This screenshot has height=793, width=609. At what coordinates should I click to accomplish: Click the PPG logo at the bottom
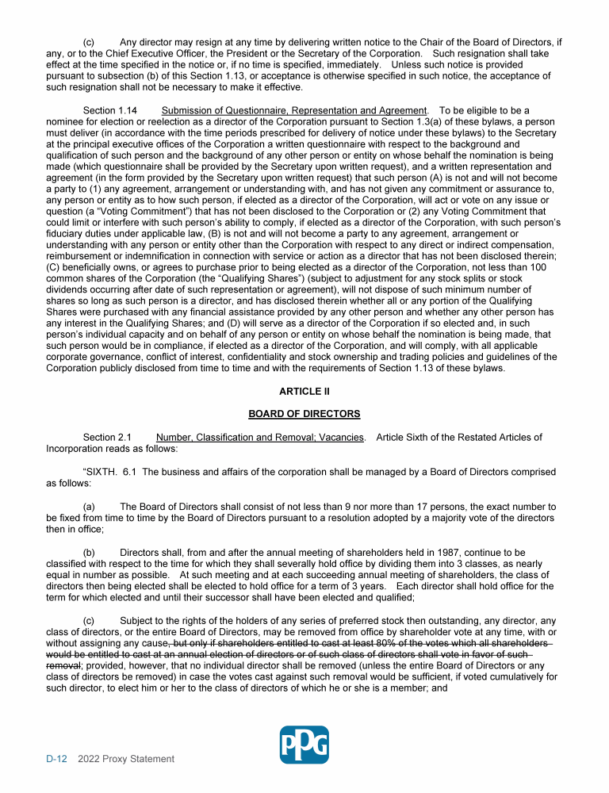pyautogui.click(x=304, y=745)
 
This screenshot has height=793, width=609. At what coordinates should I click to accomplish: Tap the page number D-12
pyautogui.click(x=56, y=759)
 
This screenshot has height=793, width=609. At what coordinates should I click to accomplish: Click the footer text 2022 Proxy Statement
pyautogui.click(x=126, y=759)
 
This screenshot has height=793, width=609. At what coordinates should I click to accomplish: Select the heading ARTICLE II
pyautogui.click(x=304, y=392)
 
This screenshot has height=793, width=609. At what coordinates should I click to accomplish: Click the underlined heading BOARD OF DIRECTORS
pyautogui.click(x=304, y=414)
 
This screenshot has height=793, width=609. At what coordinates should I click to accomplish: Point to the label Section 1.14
pyautogui.click(x=110, y=110)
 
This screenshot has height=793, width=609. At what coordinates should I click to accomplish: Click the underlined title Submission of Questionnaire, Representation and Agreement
pyautogui.click(x=294, y=110)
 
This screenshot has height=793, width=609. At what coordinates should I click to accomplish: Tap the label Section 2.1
pyautogui.click(x=108, y=437)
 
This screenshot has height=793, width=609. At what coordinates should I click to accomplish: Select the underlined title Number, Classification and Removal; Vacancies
pyautogui.click(x=260, y=437)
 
